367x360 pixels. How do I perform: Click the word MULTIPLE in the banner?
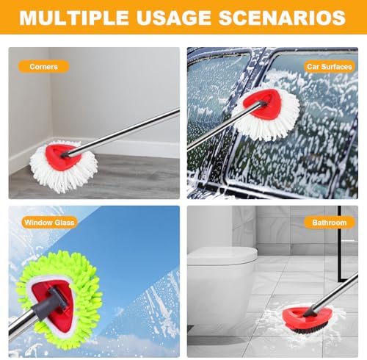tap(74, 18)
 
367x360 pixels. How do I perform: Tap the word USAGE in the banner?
tap(173, 18)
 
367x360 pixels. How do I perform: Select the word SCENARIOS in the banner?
tap(282, 18)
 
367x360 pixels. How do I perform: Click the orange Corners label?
tap(44, 67)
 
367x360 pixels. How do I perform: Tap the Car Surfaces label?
tap(330, 67)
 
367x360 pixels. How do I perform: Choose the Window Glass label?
tap(49, 223)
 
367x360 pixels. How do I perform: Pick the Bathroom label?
tap(330, 223)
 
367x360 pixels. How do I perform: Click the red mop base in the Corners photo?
tap(62, 156)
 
